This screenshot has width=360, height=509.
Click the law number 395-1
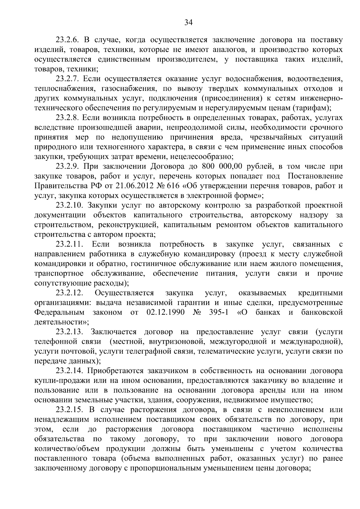[218, 313]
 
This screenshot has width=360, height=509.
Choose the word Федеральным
[59, 313]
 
